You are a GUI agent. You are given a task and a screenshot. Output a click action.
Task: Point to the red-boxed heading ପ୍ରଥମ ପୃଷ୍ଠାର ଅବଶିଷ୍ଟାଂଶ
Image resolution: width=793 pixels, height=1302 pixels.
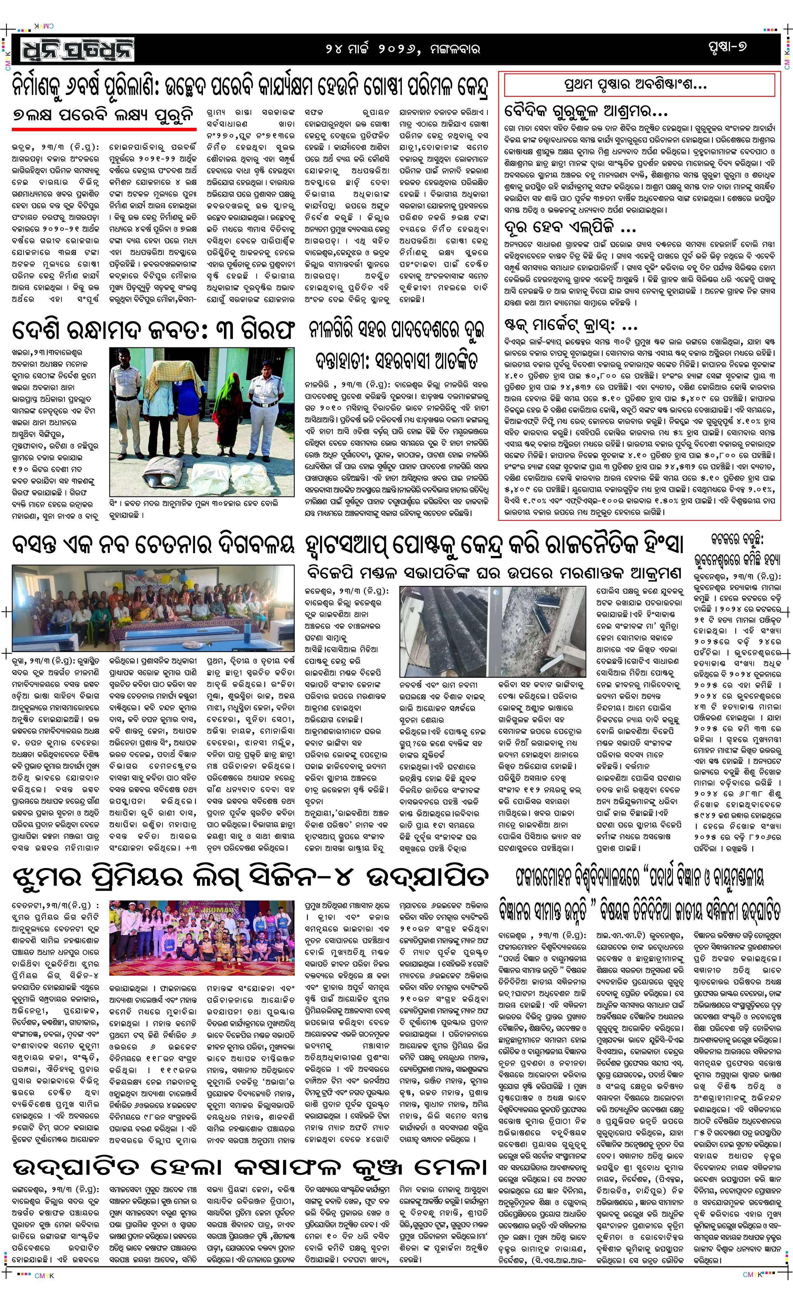639,85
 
